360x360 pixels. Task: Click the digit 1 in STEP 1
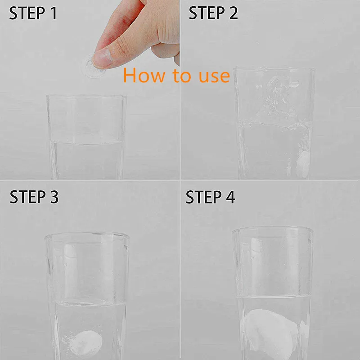tap(54, 13)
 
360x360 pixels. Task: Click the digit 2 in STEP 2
tap(233, 13)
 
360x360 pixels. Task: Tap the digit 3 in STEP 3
tap(54, 197)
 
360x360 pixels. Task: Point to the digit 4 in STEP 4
tap(230, 197)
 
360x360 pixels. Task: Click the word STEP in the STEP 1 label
tap(27, 13)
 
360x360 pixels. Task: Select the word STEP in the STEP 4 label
tap(203, 197)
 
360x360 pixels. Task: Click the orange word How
tap(144, 75)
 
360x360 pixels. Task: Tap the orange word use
tap(214, 76)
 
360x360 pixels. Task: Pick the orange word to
tap(182, 75)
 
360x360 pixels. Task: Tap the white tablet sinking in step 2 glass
tap(302, 164)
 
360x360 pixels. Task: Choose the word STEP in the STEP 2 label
tap(207, 13)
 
